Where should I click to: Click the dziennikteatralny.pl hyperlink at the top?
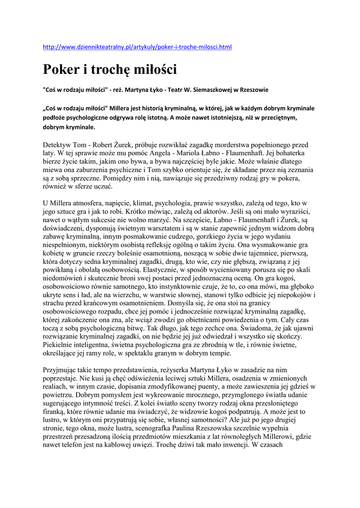click(137, 47)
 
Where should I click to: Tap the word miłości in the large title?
click(155, 69)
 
